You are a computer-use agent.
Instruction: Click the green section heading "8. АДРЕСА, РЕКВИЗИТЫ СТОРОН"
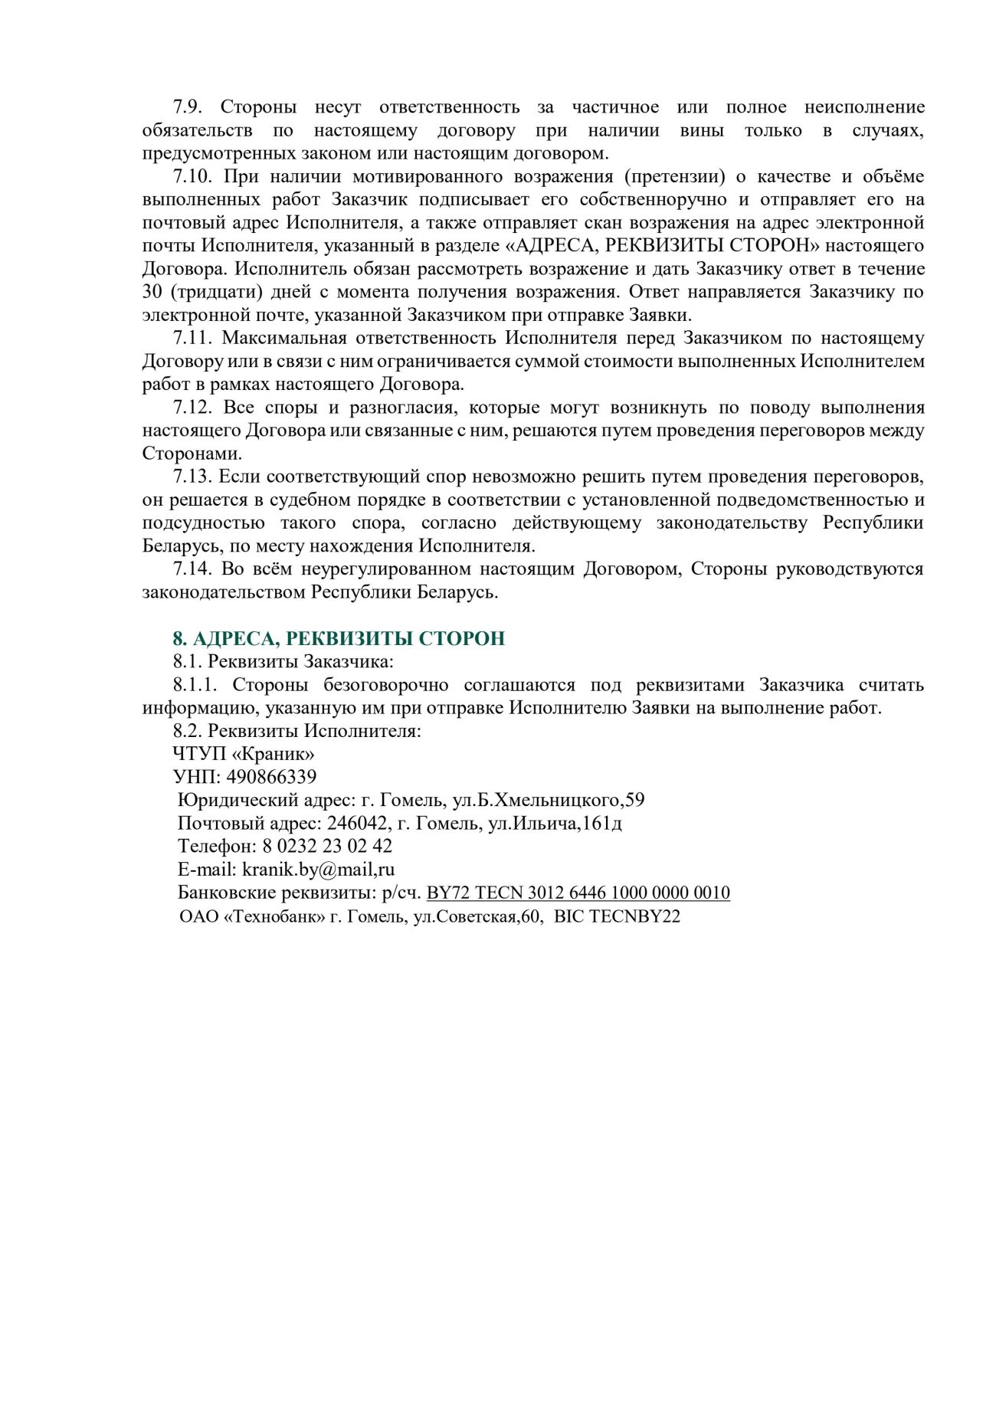click(x=339, y=638)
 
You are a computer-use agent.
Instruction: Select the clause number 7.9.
click(x=187, y=107)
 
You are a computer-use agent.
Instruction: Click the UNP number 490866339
click(x=271, y=777)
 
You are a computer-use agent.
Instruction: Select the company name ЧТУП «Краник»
click(x=244, y=754)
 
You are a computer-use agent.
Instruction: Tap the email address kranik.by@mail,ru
click(x=318, y=870)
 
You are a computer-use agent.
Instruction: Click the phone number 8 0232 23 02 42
click(x=327, y=846)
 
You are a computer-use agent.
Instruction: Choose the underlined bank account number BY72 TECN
click(x=578, y=893)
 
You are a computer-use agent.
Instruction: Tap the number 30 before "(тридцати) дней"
click(x=152, y=292)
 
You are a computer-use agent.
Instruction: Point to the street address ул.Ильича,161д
click(x=555, y=823)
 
